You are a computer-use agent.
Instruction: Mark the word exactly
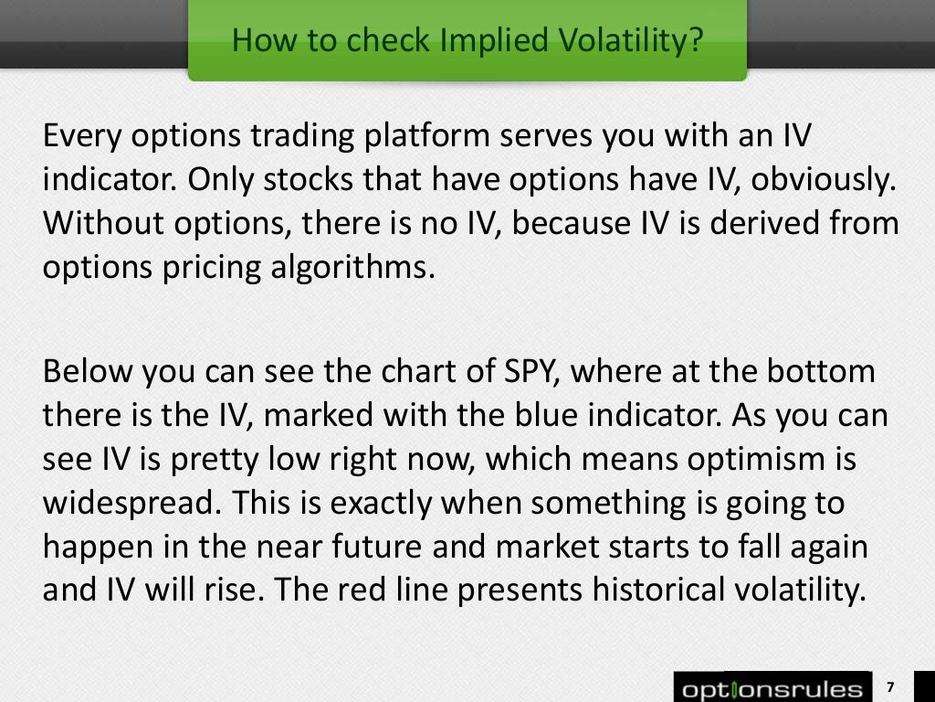(388, 503)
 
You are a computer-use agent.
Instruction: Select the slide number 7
(890, 687)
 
